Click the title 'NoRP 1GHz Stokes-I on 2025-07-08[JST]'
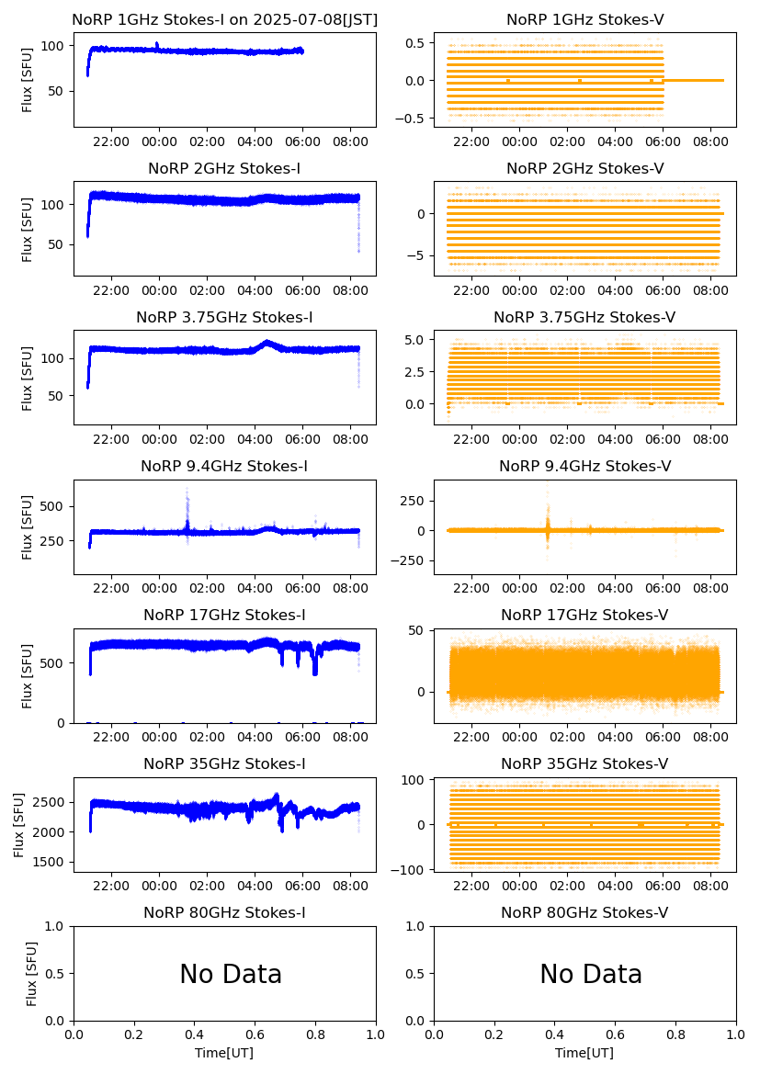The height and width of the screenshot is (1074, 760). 224,20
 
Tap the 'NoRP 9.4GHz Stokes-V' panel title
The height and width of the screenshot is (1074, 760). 584,467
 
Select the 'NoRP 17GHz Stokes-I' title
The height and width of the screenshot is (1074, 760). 224,616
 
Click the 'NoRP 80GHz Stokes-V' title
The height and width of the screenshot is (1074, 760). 584,913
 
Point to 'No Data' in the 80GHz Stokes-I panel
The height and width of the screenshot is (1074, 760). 231,975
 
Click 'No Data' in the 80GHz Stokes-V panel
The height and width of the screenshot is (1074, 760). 591,975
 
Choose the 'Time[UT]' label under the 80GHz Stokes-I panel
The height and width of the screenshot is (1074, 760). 224,1053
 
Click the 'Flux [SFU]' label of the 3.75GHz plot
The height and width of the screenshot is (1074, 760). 28,379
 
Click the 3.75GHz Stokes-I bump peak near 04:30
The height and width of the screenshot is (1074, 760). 267,343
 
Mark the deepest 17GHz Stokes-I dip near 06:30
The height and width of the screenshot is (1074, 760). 315,672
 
